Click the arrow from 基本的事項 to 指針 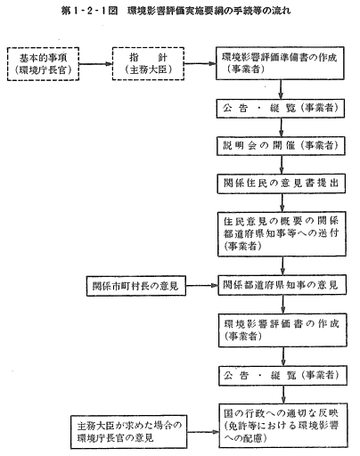(95, 64)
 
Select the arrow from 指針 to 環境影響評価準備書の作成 (200, 63)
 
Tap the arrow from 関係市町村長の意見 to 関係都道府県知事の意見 (202, 286)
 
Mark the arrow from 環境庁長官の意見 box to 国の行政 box (203, 432)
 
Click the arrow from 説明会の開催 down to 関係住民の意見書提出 (282, 165)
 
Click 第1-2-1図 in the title (89, 11)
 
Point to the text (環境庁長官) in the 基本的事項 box (44, 70)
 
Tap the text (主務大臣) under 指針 (148, 69)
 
